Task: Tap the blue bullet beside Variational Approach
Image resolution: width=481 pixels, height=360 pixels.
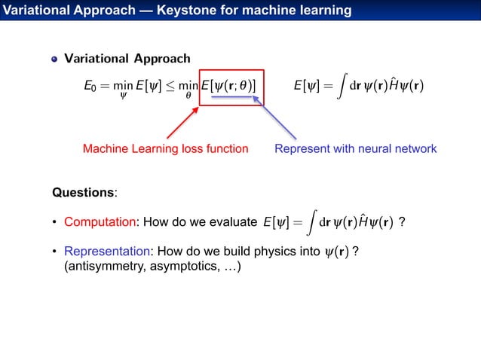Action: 54,59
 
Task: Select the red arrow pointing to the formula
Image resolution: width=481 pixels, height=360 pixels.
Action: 182,123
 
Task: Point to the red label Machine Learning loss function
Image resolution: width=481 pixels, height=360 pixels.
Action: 165,149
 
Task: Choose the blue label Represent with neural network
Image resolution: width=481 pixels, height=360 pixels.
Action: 355,149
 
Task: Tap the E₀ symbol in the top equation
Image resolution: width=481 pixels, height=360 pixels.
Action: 89,87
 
